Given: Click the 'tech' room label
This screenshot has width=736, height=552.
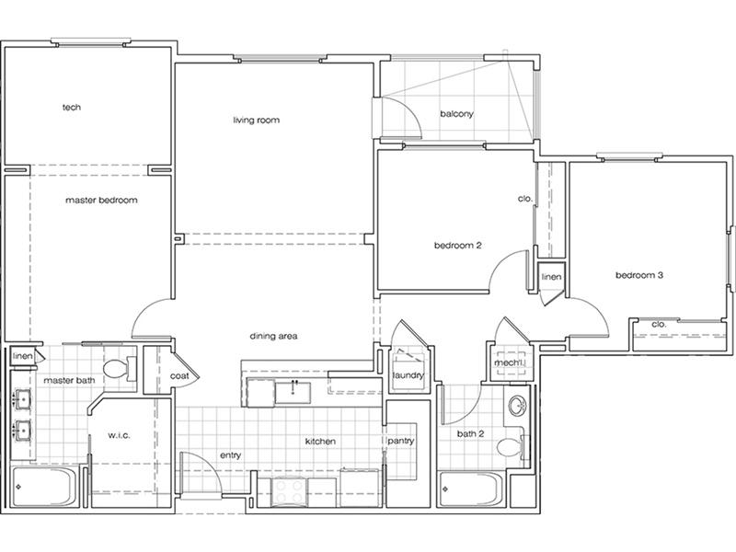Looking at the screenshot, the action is pyautogui.click(x=72, y=107).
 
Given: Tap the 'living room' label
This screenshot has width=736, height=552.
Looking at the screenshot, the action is pyautogui.click(x=257, y=121).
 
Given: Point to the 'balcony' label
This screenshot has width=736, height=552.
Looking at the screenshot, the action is pyautogui.click(x=456, y=113).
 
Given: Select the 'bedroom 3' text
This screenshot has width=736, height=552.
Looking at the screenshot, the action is pyautogui.click(x=639, y=275).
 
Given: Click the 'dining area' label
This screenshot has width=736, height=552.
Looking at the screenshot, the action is pyautogui.click(x=273, y=336).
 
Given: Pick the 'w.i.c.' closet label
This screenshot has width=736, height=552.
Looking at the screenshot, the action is pyautogui.click(x=119, y=435).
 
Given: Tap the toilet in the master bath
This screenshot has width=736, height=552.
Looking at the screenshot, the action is pyautogui.click(x=120, y=369).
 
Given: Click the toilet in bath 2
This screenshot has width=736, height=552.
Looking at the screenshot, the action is pyautogui.click(x=512, y=446).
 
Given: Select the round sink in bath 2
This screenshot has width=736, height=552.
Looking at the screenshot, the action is pyautogui.click(x=518, y=406).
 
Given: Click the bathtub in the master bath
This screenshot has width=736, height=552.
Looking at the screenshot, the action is pyautogui.click(x=43, y=488).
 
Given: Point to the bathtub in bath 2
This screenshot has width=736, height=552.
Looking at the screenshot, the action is pyautogui.click(x=471, y=489).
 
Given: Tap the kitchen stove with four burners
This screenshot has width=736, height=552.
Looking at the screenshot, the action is pyautogui.click(x=289, y=492).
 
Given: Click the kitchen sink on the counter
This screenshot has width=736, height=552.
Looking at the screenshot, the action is pyautogui.click(x=293, y=393).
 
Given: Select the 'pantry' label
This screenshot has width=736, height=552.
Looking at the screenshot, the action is pyautogui.click(x=401, y=442).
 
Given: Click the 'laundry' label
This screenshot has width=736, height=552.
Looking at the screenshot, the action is pyautogui.click(x=408, y=375).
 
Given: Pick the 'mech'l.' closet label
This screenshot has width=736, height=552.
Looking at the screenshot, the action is pyautogui.click(x=509, y=362).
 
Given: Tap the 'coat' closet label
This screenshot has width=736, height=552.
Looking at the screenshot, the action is pyautogui.click(x=179, y=376).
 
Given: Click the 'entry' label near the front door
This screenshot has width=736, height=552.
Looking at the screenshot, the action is pyautogui.click(x=231, y=455).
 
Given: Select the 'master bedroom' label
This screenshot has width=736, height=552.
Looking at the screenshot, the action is pyautogui.click(x=101, y=200).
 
